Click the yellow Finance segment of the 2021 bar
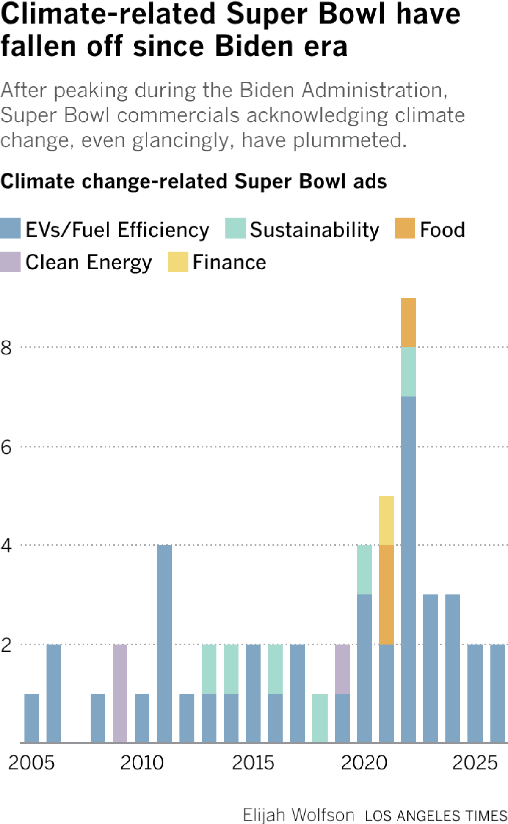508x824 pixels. [386, 520]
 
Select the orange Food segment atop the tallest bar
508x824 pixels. [408, 322]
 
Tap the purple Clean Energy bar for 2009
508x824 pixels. [120, 693]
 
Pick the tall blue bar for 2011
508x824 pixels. [164, 644]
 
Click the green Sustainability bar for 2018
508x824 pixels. [320, 718]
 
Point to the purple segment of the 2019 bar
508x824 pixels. [342, 669]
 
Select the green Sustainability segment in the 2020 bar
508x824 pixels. [364, 569]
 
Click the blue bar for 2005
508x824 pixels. [32, 718]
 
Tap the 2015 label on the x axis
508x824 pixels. [253, 764]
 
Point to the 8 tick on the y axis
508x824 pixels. [6, 348]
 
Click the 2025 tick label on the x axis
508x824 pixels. [475, 764]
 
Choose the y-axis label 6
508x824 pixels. [6, 447]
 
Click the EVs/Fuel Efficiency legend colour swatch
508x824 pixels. [10, 228]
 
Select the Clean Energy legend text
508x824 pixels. [88, 262]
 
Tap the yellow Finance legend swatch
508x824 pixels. [178, 262]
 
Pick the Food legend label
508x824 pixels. [442, 230]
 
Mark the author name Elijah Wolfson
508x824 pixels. [298, 815]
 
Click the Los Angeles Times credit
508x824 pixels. [436, 816]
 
